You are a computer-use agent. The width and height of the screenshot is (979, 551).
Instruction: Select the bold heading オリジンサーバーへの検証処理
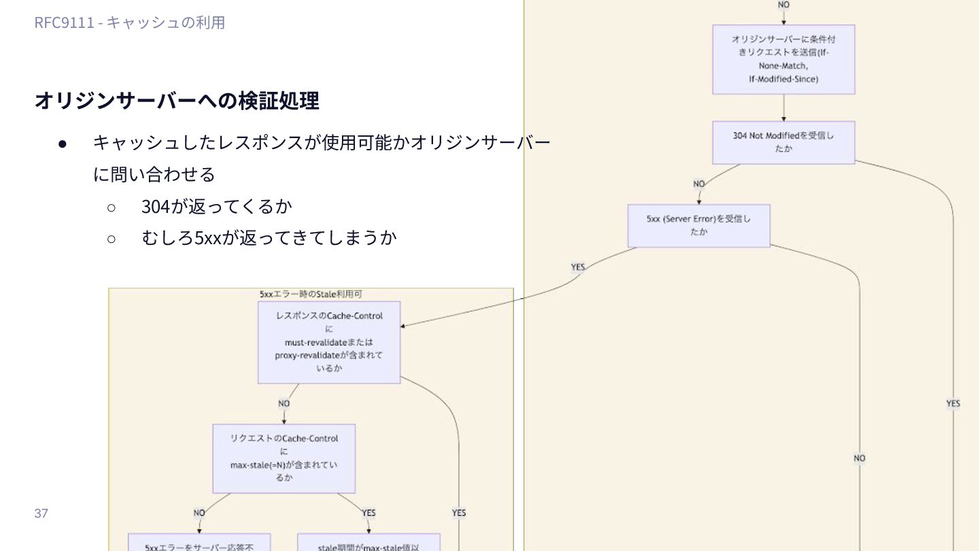point(176,101)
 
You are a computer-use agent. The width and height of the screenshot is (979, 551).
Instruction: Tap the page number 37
point(41,513)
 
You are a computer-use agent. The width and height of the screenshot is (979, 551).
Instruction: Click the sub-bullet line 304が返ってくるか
point(216,205)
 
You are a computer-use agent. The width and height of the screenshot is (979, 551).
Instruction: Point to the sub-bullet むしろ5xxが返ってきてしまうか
point(269,237)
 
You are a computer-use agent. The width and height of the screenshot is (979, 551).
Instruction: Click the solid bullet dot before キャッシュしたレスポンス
point(63,144)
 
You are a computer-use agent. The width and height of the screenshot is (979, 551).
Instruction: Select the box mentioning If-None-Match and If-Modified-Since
point(783,60)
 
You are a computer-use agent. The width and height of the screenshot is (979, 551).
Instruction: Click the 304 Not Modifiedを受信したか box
point(783,142)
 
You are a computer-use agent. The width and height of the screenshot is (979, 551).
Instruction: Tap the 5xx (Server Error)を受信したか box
point(698,225)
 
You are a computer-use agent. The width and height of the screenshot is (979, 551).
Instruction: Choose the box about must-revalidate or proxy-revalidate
point(329,342)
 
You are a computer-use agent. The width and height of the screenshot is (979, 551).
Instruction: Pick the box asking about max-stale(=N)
point(284,458)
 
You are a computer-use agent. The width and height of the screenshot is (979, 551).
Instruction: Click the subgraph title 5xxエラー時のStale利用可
point(310,294)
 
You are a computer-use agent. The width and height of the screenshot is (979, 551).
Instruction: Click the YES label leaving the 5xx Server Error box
point(578,267)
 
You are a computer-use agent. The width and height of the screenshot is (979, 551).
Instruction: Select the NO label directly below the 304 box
point(699,184)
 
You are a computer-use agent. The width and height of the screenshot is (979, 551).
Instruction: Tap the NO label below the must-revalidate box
point(284,403)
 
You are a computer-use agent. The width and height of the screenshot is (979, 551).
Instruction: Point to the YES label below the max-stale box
point(368,513)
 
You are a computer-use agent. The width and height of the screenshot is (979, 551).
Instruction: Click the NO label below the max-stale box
point(199,513)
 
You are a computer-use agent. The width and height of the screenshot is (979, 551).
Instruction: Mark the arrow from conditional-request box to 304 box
point(783,107)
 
